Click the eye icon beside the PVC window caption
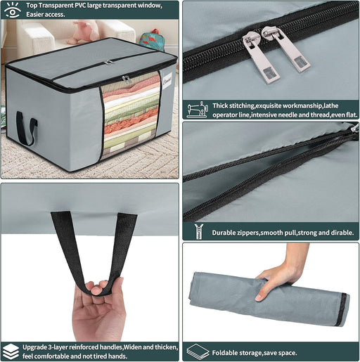click(13, 10)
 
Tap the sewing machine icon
click(198, 110)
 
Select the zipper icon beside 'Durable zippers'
click(199, 231)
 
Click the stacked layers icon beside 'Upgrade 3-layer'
click(11, 351)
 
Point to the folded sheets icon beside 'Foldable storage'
click(198, 351)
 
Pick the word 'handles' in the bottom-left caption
click(110, 347)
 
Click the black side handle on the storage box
click(26, 128)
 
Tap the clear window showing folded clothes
click(131, 115)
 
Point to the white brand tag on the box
click(167, 81)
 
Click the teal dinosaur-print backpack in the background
click(152, 39)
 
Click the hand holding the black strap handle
click(99, 309)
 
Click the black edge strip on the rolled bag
click(341, 310)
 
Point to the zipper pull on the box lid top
click(108, 62)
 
